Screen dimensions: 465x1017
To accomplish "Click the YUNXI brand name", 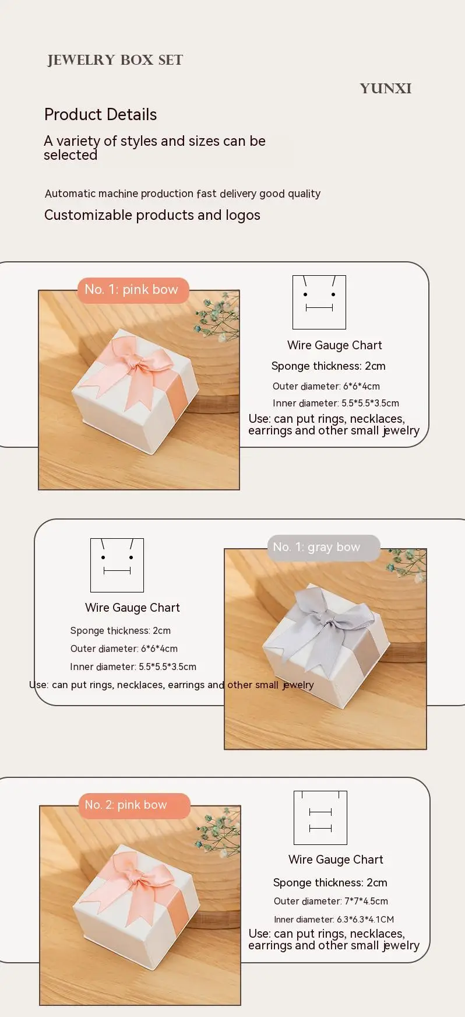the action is click(x=386, y=89).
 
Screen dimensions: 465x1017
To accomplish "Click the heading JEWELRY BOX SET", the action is click(x=115, y=60).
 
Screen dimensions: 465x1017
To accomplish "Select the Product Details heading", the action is click(x=101, y=115).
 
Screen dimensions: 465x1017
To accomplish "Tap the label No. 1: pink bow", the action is click(x=131, y=290).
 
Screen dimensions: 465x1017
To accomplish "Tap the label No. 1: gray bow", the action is click(x=316, y=547).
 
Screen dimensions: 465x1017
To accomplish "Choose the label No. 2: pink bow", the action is click(x=126, y=805).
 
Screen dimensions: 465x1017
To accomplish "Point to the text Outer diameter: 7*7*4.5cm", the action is click(x=331, y=901).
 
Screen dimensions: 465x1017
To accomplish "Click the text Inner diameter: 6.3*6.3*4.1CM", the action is click(x=334, y=920).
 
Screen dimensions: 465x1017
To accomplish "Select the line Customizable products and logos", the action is click(x=152, y=215).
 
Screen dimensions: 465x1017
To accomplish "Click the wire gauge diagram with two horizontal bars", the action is click(x=320, y=818).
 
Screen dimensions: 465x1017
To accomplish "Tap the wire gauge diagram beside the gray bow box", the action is click(x=117, y=565).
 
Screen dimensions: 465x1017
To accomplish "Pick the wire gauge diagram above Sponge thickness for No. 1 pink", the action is click(x=319, y=302).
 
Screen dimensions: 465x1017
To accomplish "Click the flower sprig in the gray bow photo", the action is click(x=406, y=564).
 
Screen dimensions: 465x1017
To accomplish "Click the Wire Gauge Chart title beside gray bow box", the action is click(x=132, y=608).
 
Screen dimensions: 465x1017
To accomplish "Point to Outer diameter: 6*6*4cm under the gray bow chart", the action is click(x=124, y=648).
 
